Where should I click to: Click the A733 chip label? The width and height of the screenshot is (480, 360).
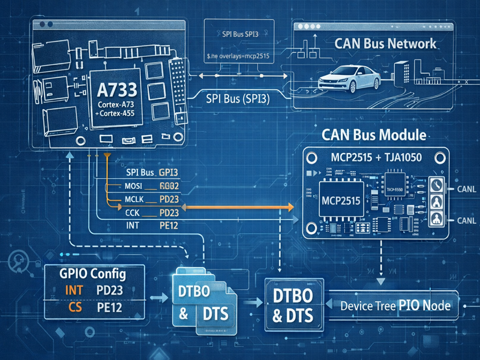117,91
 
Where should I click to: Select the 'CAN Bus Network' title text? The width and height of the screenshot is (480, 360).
385,44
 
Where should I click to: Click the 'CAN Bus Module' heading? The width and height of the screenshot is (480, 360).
374,135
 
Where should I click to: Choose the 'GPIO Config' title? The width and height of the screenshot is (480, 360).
92,274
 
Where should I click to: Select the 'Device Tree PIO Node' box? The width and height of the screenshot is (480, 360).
395,305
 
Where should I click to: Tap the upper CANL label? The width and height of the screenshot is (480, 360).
466,189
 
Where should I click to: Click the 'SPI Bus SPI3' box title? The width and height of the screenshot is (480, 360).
240,34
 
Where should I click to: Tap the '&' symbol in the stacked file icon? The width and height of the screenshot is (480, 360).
184,313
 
